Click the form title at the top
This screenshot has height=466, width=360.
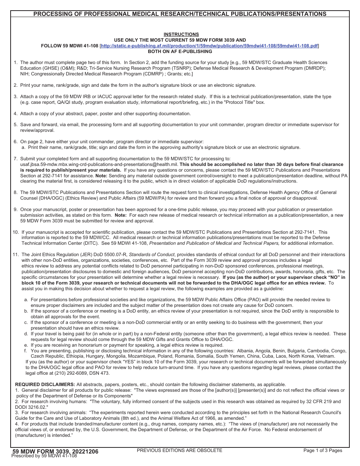click(180, 14)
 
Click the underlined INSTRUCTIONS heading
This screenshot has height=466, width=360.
click(181, 34)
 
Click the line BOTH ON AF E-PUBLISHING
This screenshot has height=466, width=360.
click(180, 52)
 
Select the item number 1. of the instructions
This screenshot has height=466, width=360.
click(16, 63)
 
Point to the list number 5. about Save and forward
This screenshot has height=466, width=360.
click(16, 125)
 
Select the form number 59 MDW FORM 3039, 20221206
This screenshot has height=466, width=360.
click(55, 451)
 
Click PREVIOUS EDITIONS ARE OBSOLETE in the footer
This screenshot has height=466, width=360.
click(179, 450)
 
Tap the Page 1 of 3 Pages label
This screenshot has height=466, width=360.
click(322, 450)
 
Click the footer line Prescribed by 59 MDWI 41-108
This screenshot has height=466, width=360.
click(44, 456)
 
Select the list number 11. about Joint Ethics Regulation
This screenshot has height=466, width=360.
click(16, 255)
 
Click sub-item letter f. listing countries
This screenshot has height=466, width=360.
click(25, 351)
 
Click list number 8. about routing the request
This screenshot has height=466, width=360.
click(16, 192)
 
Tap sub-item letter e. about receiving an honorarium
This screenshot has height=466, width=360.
click(26, 345)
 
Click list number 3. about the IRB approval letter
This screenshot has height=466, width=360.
click(16, 97)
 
